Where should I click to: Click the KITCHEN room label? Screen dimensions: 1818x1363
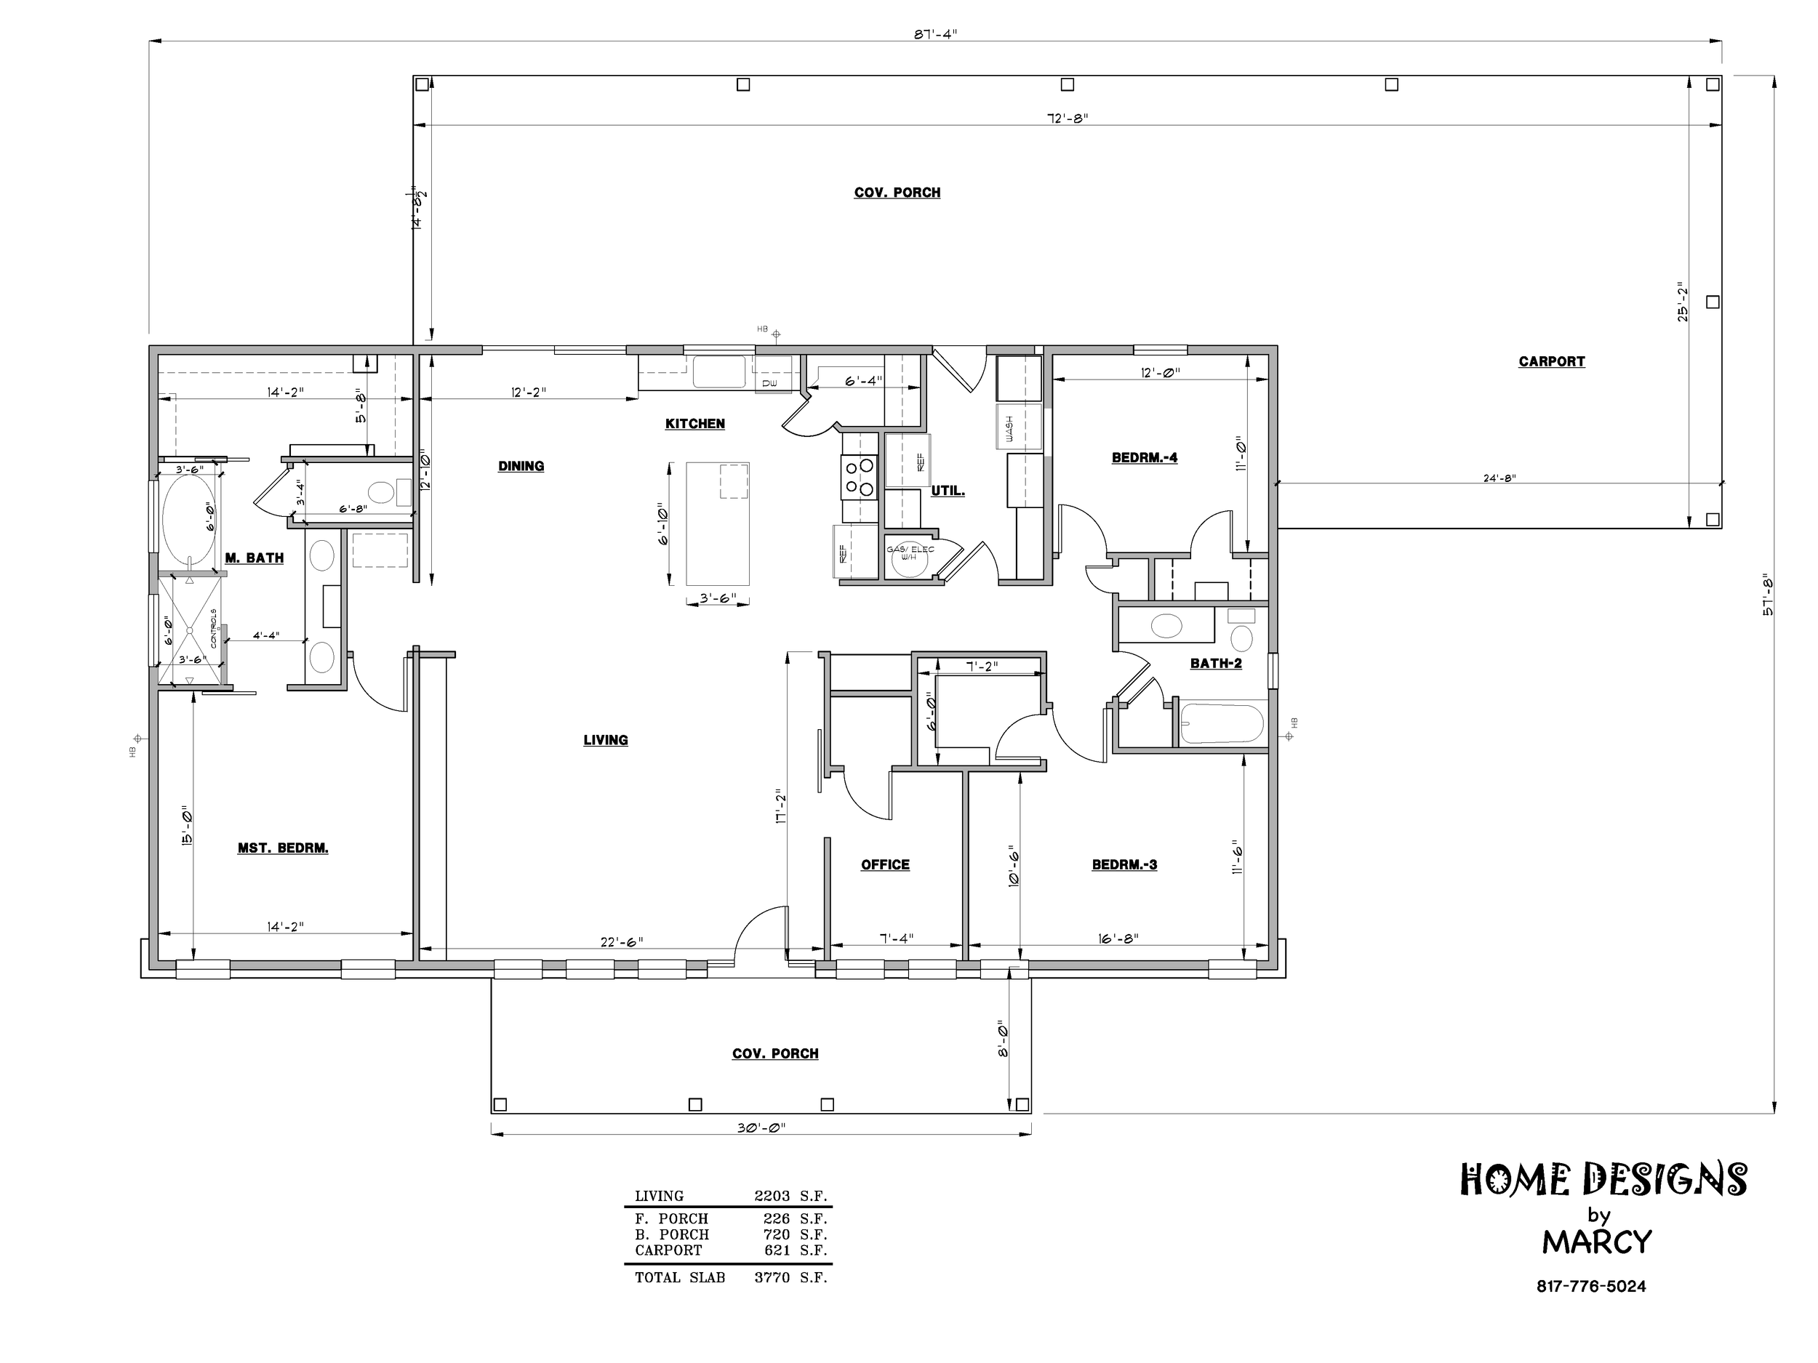point(694,424)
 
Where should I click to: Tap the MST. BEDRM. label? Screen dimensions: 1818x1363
point(283,848)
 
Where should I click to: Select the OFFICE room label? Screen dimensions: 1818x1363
point(885,864)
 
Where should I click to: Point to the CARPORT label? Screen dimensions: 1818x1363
point(1552,361)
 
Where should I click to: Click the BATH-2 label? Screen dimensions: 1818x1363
point(1216,664)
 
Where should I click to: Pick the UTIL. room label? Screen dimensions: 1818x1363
point(948,491)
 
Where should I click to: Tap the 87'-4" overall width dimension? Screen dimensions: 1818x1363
point(936,33)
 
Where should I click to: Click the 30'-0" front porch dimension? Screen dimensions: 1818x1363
point(761,1128)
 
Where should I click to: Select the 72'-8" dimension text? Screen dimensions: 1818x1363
point(1067,118)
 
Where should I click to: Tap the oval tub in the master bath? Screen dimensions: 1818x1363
point(189,520)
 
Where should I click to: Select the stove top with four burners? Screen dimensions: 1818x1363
point(859,478)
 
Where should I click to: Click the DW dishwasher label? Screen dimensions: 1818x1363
point(769,384)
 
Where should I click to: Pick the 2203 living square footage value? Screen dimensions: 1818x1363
point(772,1197)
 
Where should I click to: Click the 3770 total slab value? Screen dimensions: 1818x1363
point(772,1277)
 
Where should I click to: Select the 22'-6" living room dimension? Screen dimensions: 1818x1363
point(621,941)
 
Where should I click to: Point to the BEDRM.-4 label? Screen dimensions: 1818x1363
point(1144,458)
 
